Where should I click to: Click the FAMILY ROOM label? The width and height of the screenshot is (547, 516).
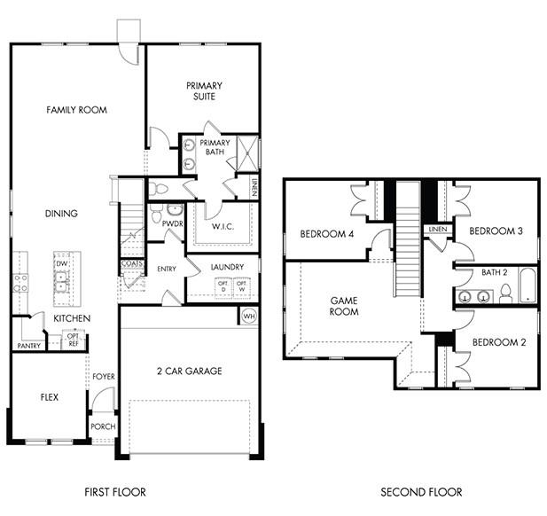[76, 110]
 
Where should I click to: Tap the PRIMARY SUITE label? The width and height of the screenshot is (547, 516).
[204, 90]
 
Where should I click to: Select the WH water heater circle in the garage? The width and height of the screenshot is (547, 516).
[247, 316]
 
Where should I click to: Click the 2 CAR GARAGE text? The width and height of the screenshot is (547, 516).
[189, 371]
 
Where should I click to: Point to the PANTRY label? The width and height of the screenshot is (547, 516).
[28, 346]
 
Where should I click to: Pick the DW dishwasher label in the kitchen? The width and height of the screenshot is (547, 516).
[62, 264]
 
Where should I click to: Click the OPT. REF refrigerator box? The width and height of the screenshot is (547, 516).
[74, 340]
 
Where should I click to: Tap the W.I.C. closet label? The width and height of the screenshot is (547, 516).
[222, 227]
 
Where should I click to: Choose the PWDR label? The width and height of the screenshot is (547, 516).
[173, 224]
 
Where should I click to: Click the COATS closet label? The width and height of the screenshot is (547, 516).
[131, 263]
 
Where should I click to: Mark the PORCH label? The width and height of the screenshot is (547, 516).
[103, 426]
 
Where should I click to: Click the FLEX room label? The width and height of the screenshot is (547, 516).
[49, 397]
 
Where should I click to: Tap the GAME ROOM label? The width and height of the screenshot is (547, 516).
[344, 307]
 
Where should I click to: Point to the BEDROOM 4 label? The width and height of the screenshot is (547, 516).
[327, 234]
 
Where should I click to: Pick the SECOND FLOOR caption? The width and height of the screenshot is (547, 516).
[421, 491]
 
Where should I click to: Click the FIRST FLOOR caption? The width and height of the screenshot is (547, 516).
[115, 491]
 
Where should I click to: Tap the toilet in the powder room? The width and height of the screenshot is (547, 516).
[153, 214]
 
